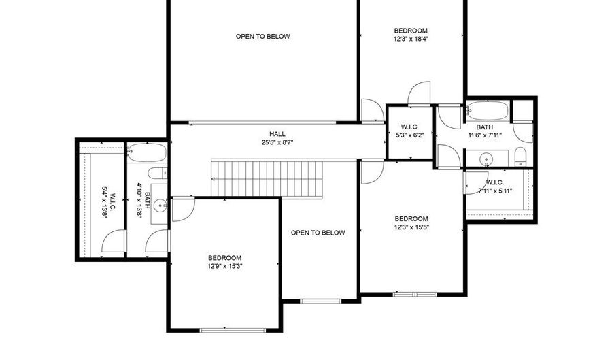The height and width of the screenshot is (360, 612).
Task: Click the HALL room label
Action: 277,134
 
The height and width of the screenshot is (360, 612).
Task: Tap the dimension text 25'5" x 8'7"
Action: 277,143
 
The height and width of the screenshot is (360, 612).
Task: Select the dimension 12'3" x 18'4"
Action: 411,39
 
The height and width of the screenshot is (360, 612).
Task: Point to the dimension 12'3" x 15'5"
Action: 411,227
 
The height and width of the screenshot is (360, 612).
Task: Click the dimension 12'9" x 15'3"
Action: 225,266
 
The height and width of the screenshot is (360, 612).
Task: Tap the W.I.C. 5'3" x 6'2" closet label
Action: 410,131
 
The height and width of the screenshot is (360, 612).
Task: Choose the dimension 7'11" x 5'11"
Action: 495,191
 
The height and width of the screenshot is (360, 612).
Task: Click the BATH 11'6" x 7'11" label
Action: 485,131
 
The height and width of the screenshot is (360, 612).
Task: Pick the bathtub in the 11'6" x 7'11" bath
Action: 488,111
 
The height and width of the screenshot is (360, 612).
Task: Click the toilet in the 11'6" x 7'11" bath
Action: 521,157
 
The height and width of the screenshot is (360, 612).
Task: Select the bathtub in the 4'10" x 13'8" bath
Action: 147,152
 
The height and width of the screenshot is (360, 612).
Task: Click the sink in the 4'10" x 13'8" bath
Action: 160,206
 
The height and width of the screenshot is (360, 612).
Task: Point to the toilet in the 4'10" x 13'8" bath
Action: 158,173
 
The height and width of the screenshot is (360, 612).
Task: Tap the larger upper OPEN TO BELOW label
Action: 262,37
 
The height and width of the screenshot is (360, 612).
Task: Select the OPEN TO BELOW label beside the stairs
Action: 318,233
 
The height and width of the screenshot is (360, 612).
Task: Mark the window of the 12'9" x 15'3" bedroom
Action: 233,330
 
